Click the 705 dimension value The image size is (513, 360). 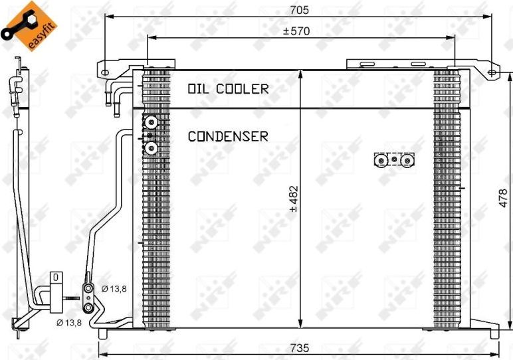coord(299,10)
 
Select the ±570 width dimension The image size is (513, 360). coord(296,31)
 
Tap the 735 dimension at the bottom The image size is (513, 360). coord(300,348)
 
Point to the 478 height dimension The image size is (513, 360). coord(504,198)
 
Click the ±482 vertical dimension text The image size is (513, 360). coord(294,199)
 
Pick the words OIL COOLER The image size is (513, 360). coord(228,89)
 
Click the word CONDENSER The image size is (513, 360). coord(228,136)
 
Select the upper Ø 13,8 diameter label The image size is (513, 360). coord(114,289)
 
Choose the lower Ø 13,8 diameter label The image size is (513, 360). coord(69,323)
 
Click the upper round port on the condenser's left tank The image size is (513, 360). coord(151,123)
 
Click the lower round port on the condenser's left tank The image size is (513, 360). coord(151,148)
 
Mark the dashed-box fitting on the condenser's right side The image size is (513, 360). coord(394,160)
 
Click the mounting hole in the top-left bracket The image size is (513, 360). coord(104,72)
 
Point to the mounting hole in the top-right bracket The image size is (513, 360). coord(492,72)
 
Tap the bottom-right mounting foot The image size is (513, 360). coord(494,332)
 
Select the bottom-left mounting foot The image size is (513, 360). coord(103,333)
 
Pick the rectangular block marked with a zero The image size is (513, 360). coord(56,292)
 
